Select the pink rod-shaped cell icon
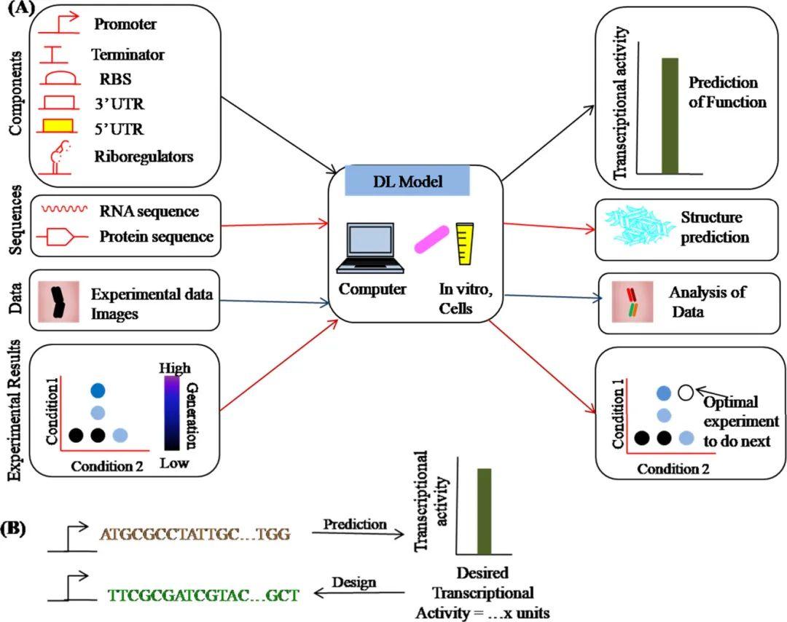(x=434, y=240)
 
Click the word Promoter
(x=125, y=25)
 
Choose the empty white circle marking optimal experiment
(x=685, y=392)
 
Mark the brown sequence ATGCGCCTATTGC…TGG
(x=195, y=535)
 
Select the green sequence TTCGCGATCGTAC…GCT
(x=203, y=594)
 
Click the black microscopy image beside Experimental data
(x=58, y=301)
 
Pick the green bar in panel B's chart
(x=484, y=511)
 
